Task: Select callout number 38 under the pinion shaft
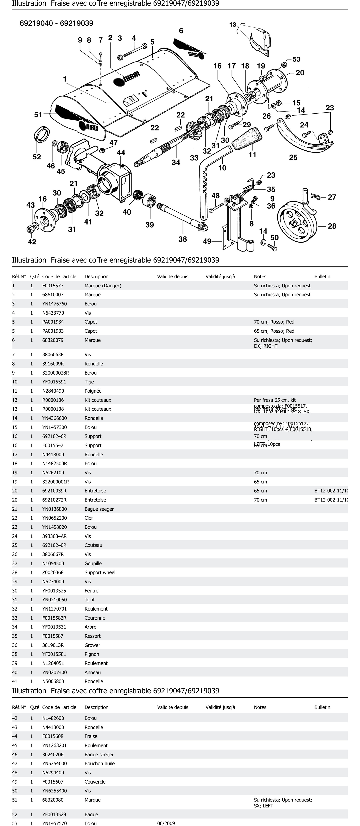tap(182, 239)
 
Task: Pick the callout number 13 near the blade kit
tap(233, 25)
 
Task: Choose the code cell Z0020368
tap(53, 572)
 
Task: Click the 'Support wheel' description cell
tap(100, 572)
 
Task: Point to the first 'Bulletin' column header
tap(322, 276)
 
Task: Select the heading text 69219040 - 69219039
tap(56, 23)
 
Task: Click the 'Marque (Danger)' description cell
tap(103, 286)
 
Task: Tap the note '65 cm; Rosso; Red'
tap(274, 331)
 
